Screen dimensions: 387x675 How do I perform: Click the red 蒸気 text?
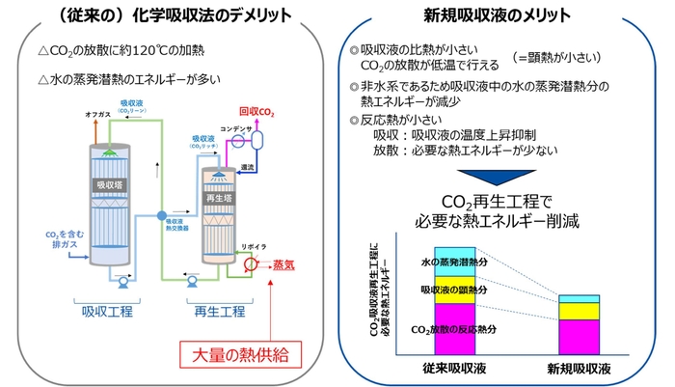286,263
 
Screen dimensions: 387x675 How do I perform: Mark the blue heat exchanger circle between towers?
161,213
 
